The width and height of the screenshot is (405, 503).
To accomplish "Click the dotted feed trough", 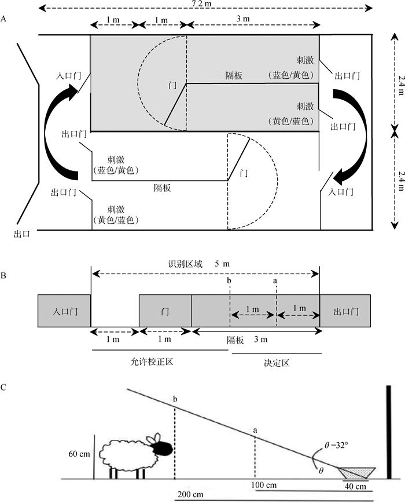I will pyautogui.click(x=357, y=473).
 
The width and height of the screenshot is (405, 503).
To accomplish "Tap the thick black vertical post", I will pyautogui.click(x=389, y=432).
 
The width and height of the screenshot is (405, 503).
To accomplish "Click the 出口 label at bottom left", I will pyautogui.click(x=22, y=235).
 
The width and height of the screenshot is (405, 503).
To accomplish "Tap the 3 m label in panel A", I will pyautogui.click(x=243, y=20).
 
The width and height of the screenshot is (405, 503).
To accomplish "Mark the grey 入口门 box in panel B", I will pyautogui.click(x=64, y=312).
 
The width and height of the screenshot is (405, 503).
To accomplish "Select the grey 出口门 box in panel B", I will pyautogui.click(x=345, y=312).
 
